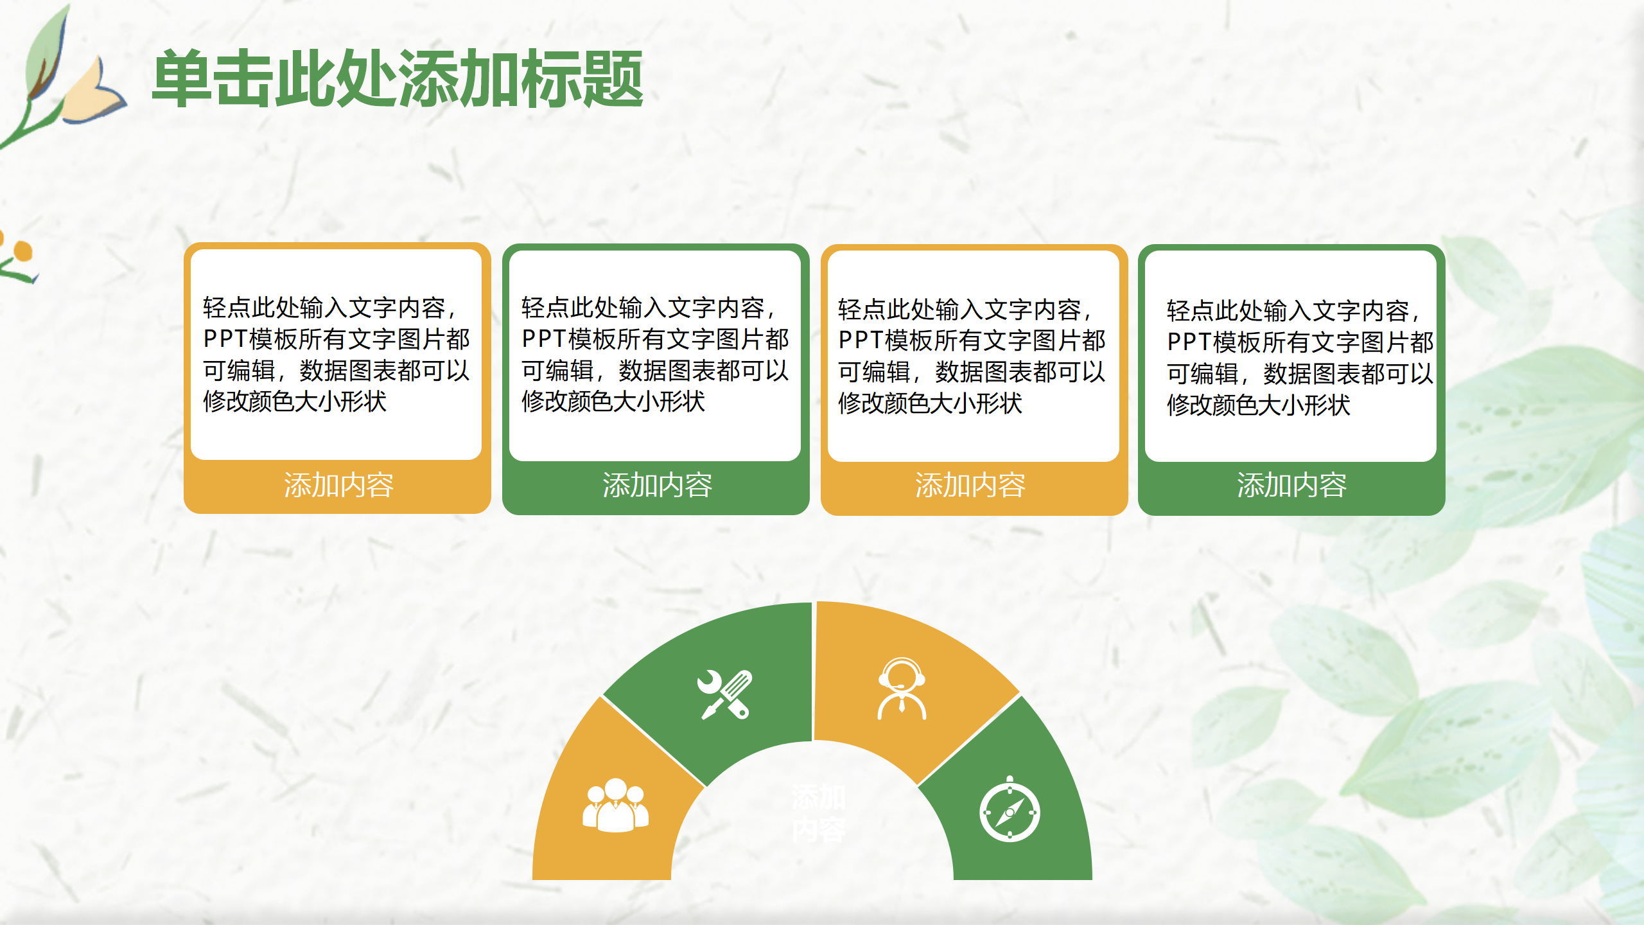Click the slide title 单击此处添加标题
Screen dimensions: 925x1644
click(x=398, y=79)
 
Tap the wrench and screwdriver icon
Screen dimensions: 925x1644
click(x=726, y=694)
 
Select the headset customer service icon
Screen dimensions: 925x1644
click(x=902, y=689)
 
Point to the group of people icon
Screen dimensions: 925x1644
click(x=615, y=806)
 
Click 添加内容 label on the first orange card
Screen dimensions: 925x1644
click(x=338, y=486)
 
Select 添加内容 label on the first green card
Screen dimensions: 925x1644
click(x=657, y=486)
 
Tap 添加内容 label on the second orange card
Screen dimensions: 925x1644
click(x=970, y=486)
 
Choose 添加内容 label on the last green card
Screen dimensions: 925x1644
click(x=1291, y=486)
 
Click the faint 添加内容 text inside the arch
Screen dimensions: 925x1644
click(x=818, y=813)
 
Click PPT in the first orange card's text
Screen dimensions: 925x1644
click(x=225, y=339)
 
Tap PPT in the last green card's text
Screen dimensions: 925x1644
click(x=1189, y=342)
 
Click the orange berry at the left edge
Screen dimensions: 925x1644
click(x=23, y=251)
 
